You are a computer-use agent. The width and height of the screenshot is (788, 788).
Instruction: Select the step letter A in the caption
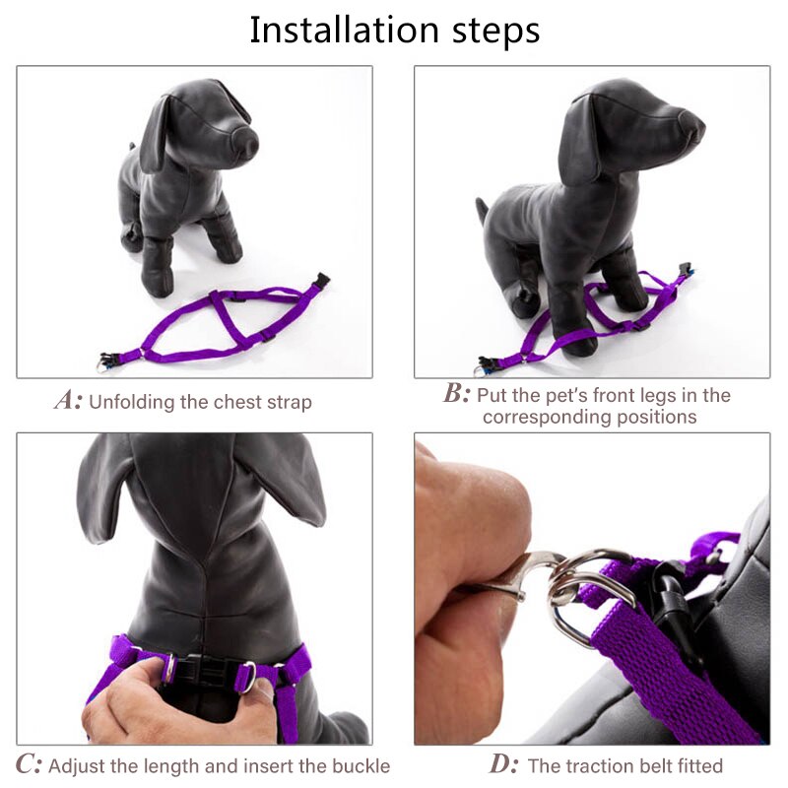coord(66,401)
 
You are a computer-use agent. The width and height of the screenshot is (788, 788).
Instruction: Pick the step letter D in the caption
coord(502,764)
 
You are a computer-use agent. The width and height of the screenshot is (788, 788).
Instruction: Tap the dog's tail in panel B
coord(482,209)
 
